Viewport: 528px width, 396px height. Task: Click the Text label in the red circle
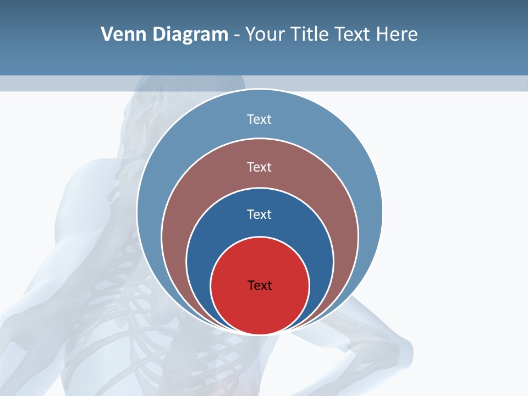pyautogui.click(x=260, y=285)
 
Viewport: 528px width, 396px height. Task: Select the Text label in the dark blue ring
pyautogui.click(x=260, y=214)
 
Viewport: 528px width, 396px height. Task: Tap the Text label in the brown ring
pyautogui.click(x=260, y=167)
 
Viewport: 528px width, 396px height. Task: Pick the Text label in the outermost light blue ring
pyautogui.click(x=260, y=119)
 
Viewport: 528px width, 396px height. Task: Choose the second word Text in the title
pyautogui.click(x=354, y=35)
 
